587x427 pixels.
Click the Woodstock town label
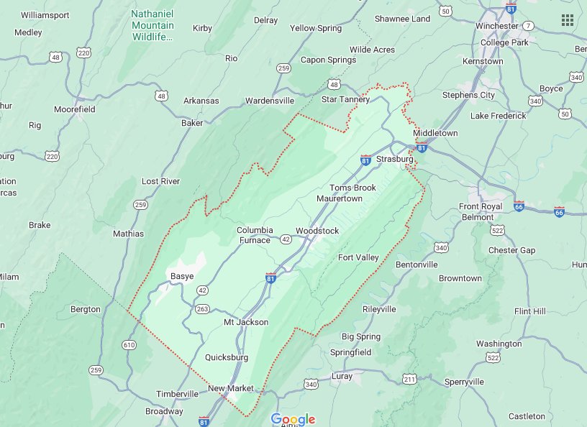(317, 231)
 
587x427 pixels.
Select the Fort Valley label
(358, 257)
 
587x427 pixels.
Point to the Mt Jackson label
(245, 322)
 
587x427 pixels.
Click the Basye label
(181, 276)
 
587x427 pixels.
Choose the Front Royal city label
(481, 207)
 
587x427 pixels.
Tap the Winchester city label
(497, 26)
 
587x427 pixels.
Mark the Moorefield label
(74, 109)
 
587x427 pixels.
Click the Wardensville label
(270, 101)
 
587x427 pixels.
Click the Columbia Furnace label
(255, 235)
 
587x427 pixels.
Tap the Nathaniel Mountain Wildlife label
(153, 25)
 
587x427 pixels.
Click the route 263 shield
(202, 309)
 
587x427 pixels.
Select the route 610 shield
(129, 344)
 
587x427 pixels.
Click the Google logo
(293, 418)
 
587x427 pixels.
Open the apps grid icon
(568, 19)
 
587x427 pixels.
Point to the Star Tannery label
(345, 99)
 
